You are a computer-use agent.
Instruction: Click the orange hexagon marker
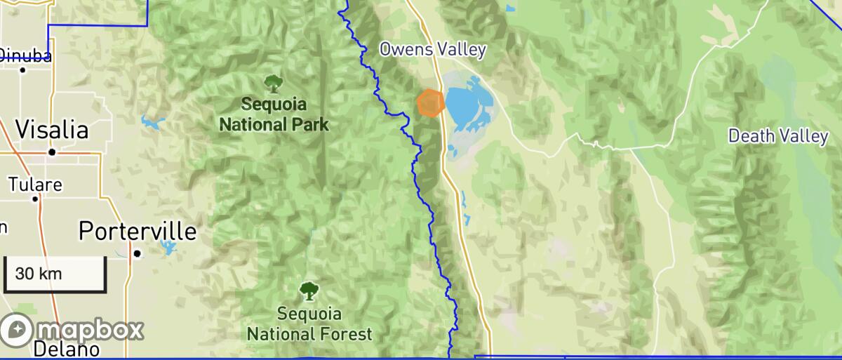(x=430, y=102)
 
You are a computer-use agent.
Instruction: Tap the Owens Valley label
(x=432, y=49)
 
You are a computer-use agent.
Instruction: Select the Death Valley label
(x=777, y=136)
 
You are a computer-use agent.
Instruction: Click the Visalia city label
(x=52, y=130)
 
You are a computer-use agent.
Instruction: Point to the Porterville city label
(x=138, y=231)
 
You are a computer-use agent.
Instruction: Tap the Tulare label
(x=35, y=185)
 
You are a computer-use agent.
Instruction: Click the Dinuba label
(x=25, y=55)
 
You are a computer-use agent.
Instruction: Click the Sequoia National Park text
(x=274, y=114)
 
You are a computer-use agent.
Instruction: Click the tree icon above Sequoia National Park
(x=273, y=84)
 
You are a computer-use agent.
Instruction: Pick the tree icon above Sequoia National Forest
(x=307, y=290)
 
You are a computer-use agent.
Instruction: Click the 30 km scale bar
(x=55, y=274)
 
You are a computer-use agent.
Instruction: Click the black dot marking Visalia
(x=52, y=152)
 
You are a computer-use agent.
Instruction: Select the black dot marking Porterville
(x=138, y=253)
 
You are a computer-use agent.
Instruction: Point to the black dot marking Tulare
(x=35, y=199)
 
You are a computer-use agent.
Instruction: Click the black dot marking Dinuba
(x=23, y=69)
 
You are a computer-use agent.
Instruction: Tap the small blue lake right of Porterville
(x=168, y=246)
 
